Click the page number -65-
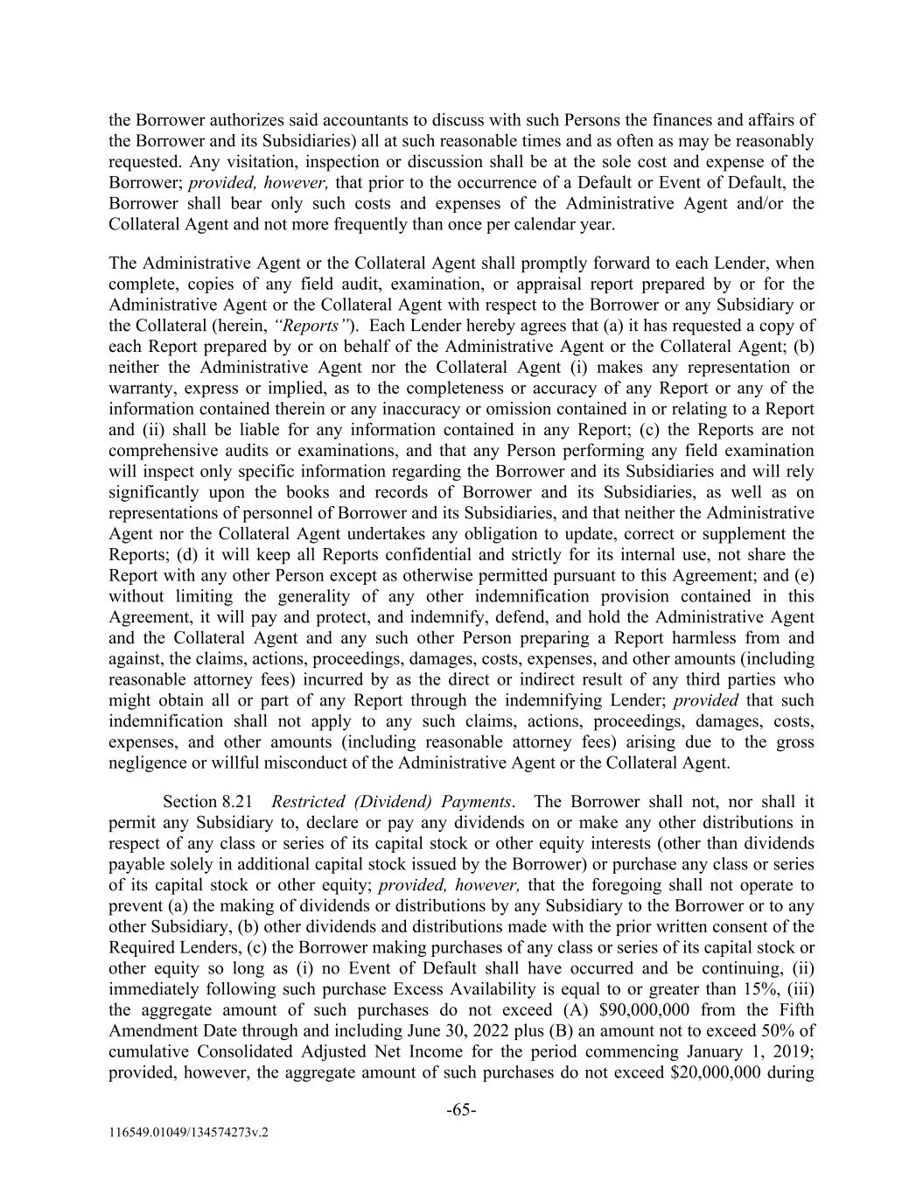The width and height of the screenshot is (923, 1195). click(461, 1110)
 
